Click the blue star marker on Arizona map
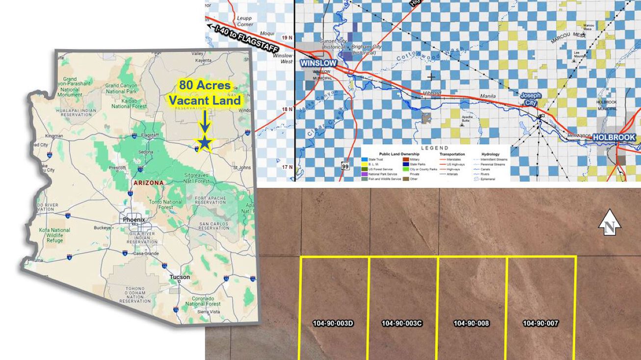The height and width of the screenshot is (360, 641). pos(205,143)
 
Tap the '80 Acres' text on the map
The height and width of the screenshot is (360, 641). pos(205,85)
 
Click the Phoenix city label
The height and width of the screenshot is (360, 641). pos(134,220)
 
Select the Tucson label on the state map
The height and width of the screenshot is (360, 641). pos(180,277)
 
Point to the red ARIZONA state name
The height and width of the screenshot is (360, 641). pos(148,182)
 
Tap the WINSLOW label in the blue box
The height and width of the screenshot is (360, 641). pos(319,64)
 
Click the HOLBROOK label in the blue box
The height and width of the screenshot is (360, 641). pos(614,137)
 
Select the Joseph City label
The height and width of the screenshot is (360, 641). pos(531,99)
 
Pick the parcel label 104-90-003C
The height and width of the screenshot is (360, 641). pos(402,323)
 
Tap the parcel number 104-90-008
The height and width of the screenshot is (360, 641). pos(471,323)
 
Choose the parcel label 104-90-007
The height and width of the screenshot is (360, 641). pos(540,323)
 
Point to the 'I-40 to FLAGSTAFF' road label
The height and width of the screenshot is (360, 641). pos(242,39)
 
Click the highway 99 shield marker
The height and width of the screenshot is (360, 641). pos(346,167)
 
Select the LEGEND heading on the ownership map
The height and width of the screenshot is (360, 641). pos(434,148)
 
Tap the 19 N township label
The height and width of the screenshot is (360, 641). pos(287,37)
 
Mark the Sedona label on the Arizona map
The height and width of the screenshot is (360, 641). pos(131,152)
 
